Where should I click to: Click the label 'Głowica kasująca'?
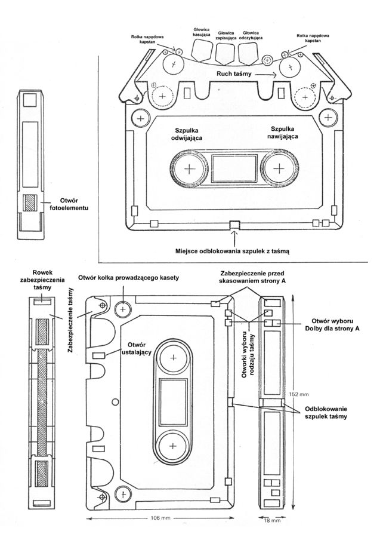click(x=200, y=32)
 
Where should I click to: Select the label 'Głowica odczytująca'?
click(x=251, y=36)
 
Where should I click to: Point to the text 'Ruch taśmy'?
click(x=236, y=74)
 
